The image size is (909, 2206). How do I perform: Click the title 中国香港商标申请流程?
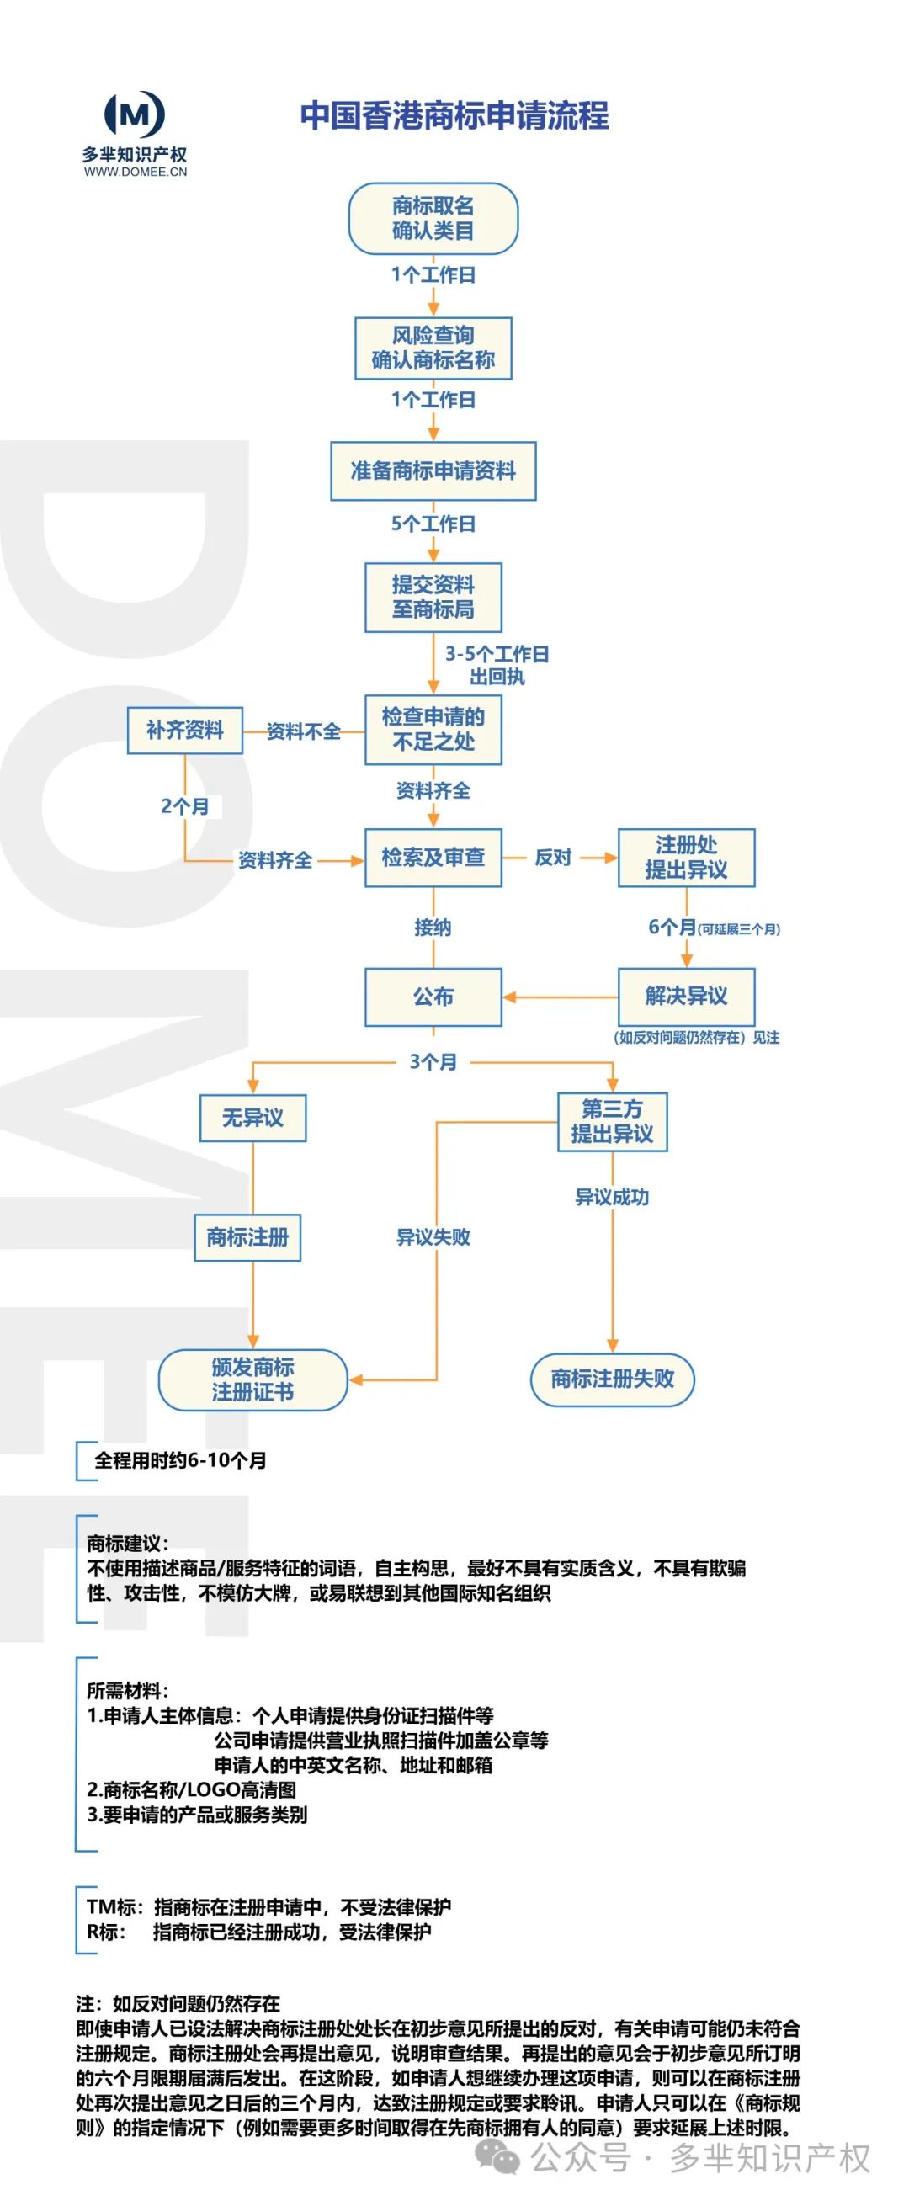[x=454, y=115]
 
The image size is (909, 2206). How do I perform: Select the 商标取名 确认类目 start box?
[x=433, y=218]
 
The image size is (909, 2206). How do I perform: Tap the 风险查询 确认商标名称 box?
[x=433, y=348]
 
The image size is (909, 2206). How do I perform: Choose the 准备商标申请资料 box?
[x=433, y=471]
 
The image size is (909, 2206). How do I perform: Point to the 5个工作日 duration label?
[x=433, y=524]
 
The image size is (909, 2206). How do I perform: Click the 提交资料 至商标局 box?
[x=433, y=597]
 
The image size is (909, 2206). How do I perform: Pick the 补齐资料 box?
[x=185, y=730]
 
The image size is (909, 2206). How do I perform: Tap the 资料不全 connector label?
[x=303, y=731]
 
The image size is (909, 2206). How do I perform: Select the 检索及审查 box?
[x=433, y=857]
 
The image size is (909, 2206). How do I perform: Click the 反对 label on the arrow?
[x=553, y=857]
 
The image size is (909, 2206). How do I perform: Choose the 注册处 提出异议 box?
[x=685, y=857]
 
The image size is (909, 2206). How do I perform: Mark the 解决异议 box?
[x=685, y=996]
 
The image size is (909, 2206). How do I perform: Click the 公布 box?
[x=433, y=997]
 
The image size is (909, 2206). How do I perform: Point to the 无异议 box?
[x=252, y=1118]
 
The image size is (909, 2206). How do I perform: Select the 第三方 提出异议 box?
[x=612, y=1121]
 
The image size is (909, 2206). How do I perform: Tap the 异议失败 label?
[x=433, y=1236]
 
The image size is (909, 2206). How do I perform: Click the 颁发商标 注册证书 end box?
[x=252, y=1379]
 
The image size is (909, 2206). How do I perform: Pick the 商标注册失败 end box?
[x=612, y=1379]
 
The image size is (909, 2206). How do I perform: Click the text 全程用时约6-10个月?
[x=180, y=1460]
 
